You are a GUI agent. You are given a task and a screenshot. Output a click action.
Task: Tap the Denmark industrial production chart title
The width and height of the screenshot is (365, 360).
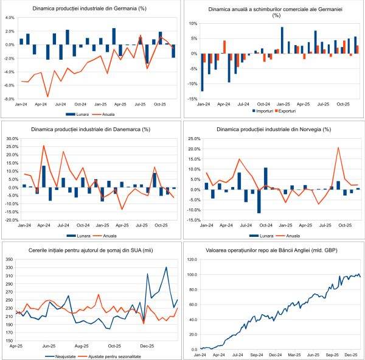pyautogui.click(x=91, y=129)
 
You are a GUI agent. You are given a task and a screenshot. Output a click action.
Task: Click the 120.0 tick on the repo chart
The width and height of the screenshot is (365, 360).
pyautogui.click(x=192, y=259)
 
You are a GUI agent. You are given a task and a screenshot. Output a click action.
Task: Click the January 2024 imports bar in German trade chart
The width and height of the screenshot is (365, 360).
pyautogui.click(x=202, y=72)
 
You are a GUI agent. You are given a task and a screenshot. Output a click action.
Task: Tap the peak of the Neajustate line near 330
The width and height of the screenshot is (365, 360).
pyautogui.click(x=167, y=267)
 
